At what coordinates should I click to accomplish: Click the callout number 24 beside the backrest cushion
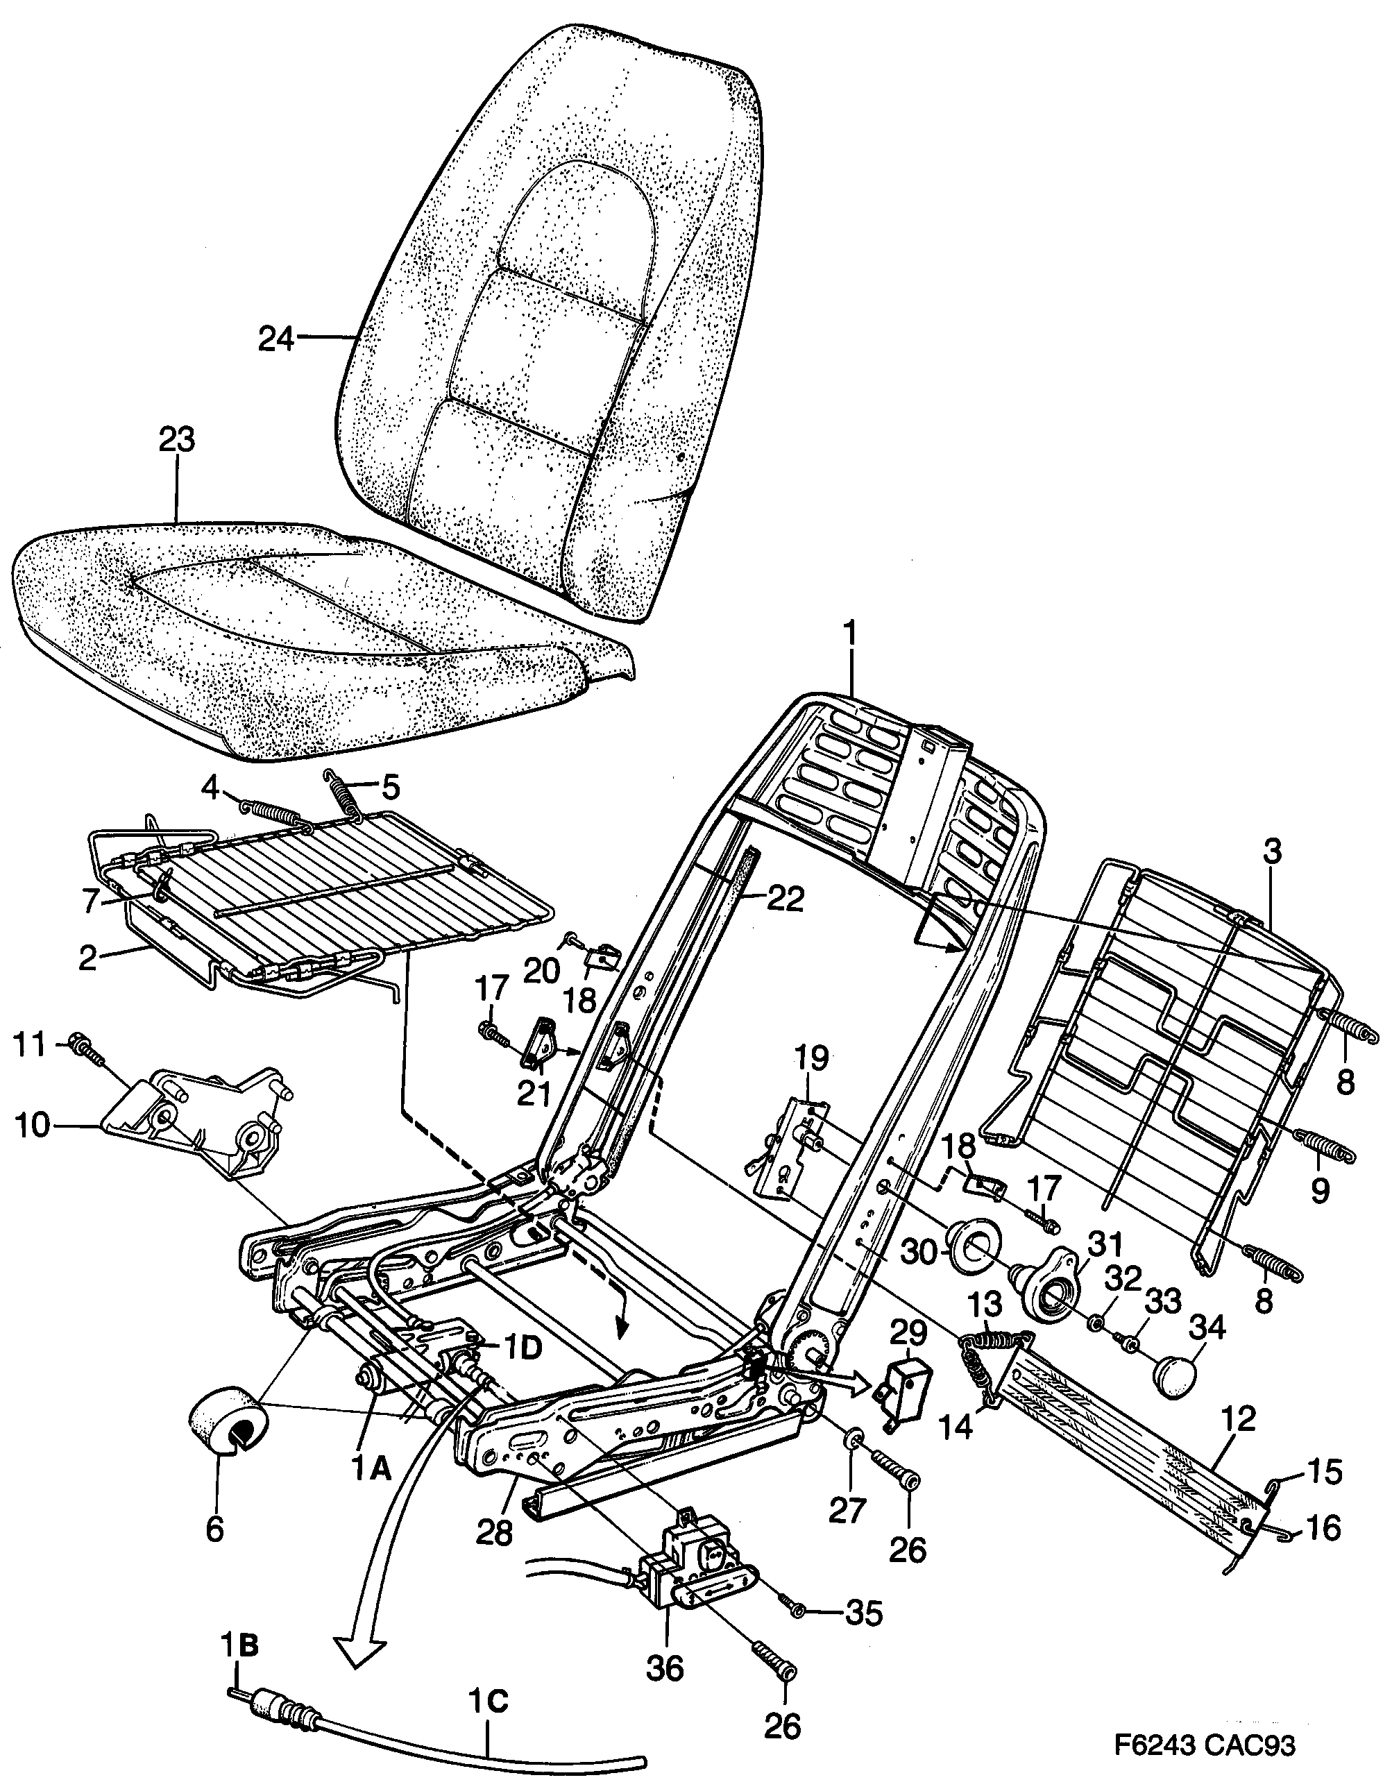click(275, 339)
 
